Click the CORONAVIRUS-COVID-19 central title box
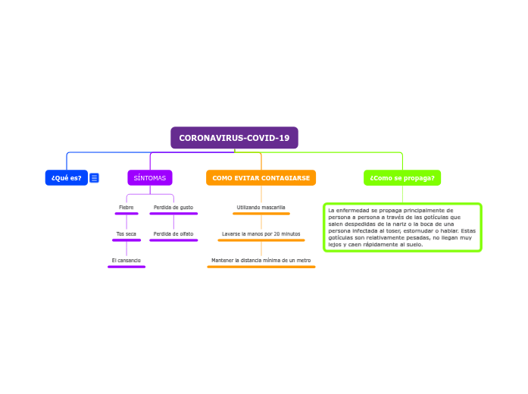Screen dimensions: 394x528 (x=234, y=138)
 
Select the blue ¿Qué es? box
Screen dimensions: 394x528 (x=67, y=178)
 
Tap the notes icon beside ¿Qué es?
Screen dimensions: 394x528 (x=94, y=178)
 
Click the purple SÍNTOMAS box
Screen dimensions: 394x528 (x=150, y=178)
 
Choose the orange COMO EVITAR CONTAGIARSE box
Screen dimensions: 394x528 (x=261, y=178)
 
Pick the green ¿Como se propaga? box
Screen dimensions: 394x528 (x=402, y=178)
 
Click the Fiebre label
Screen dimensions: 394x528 (x=127, y=207)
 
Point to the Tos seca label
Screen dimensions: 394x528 (x=127, y=233)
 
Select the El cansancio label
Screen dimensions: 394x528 (x=127, y=260)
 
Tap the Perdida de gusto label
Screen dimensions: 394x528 (x=173, y=207)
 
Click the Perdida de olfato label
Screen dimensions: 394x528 (x=173, y=233)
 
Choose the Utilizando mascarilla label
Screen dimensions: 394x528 (x=261, y=207)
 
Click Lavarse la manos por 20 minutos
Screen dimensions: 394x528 (x=261, y=233)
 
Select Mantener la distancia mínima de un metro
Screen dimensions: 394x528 (x=261, y=260)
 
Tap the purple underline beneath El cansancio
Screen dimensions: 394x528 (x=127, y=267)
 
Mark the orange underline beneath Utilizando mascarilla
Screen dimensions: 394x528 (x=261, y=214)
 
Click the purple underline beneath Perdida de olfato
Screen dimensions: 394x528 (x=173, y=240)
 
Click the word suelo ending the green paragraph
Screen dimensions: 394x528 (x=414, y=245)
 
